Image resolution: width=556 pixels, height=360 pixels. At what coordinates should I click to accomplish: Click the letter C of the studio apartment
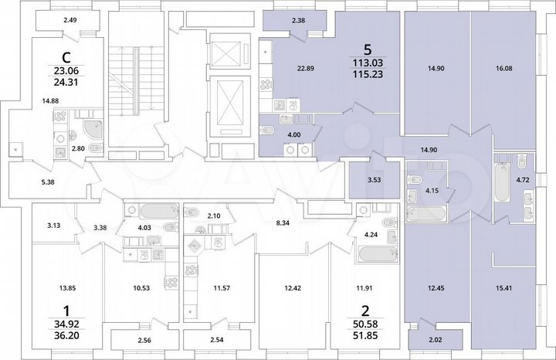pos(69,56)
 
